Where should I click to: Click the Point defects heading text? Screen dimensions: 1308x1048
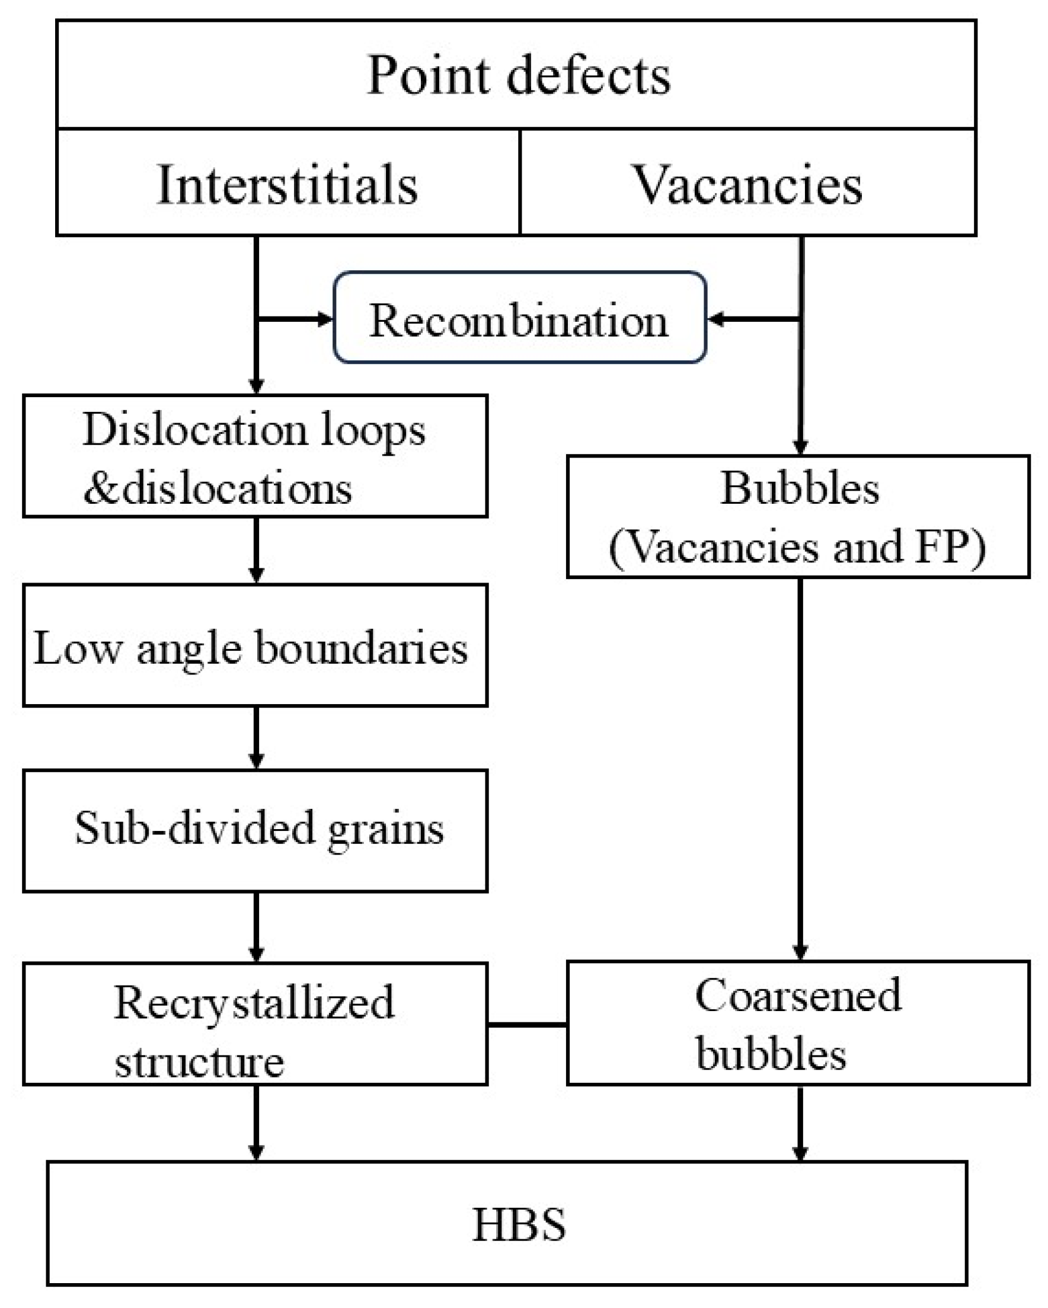click(519, 76)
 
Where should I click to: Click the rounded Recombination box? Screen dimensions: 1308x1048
click(519, 318)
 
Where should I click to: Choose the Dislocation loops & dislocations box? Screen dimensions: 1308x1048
click(255, 456)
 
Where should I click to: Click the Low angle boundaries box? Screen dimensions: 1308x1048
click(255, 645)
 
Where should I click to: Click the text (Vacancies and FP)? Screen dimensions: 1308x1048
click(797, 546)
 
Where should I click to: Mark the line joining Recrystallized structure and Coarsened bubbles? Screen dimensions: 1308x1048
click(527, 1025)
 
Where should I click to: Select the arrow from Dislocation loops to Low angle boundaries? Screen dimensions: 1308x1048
click(256, 549)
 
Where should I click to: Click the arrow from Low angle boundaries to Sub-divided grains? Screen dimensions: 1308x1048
click(256, 737)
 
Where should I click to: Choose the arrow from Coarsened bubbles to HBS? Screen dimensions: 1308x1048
click(800, 1122)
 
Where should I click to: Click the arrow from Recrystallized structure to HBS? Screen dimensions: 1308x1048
click(256, 1122)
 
